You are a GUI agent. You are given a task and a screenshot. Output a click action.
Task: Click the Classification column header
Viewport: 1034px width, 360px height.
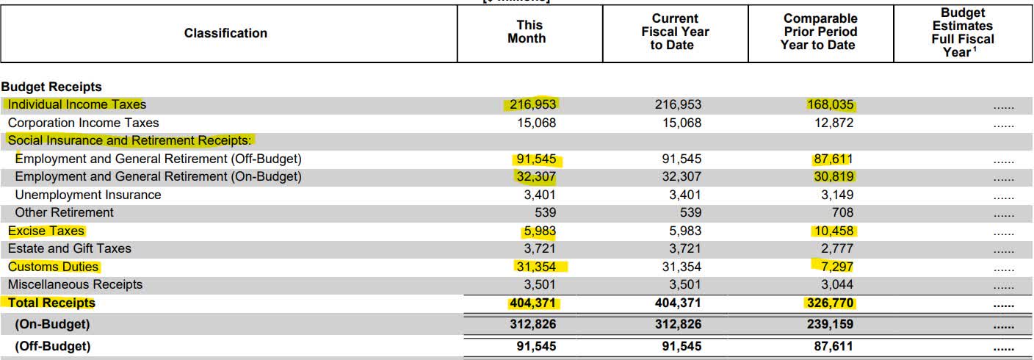pos(225,33)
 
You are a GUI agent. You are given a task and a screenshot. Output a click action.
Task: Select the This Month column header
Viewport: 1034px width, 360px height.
pos(527,32)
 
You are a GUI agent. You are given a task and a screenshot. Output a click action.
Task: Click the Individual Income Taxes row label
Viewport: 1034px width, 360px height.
pos(76,104)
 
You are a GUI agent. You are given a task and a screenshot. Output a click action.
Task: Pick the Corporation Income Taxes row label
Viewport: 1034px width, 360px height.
pos(83,123)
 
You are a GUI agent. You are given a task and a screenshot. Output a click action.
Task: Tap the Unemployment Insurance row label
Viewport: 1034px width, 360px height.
pos(87,195)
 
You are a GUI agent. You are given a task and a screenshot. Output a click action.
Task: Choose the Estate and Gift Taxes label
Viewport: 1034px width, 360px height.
pos(69,248)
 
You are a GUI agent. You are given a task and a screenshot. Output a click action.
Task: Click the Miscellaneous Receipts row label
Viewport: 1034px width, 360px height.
pos(75,284)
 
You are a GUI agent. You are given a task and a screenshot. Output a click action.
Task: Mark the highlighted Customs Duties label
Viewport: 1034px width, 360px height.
pos(53,267)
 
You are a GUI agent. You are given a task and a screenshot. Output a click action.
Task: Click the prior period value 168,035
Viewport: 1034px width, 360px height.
pos(830,104)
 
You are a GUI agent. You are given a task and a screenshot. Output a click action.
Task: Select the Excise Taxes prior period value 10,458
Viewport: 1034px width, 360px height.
pos(833,231)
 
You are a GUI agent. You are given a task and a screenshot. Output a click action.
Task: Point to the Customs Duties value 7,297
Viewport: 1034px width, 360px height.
pos(836,267)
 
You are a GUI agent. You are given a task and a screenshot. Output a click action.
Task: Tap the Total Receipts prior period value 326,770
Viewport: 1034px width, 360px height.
pos(830,303)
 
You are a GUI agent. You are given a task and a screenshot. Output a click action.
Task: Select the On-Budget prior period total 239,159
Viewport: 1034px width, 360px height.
pos(830,324)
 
